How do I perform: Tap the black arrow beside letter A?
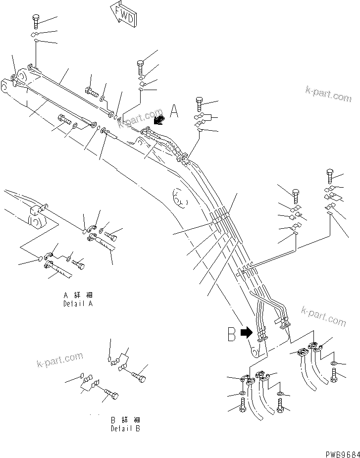click(159, 120)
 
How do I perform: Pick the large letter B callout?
click(231, 335)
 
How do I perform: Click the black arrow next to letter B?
click(246, 333)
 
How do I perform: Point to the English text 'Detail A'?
click(78, 304)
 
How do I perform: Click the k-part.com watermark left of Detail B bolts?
click(59, 360)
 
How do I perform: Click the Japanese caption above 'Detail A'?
click(78, 296)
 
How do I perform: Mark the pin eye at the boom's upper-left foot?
click(4, 90)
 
